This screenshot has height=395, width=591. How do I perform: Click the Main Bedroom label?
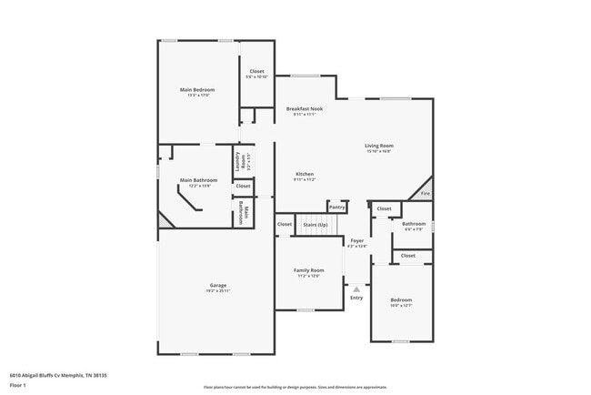[x=197, y=90]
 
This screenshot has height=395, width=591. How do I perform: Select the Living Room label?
[x=379, y=147]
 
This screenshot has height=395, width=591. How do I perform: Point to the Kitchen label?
[x=304, y=174]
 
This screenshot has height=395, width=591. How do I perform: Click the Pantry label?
[x=337, y=207]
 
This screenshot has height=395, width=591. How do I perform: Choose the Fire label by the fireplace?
[x=425, y=193]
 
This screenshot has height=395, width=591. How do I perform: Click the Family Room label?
[x=308, y=270]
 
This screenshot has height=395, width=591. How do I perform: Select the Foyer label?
[x=357, y=241]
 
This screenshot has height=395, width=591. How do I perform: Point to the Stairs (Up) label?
[x=316, y=223]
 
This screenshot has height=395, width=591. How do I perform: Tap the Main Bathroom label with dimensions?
[x=198, y=180]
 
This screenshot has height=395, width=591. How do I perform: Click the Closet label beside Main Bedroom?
[x=256, y=71]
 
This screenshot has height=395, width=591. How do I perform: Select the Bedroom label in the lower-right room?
[x=401, y=299]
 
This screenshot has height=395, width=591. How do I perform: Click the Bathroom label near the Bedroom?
[x=415, y=224]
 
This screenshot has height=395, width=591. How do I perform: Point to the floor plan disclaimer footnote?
[x=295, y=387]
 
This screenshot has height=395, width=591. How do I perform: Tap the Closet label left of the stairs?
[x=285, y=223]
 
